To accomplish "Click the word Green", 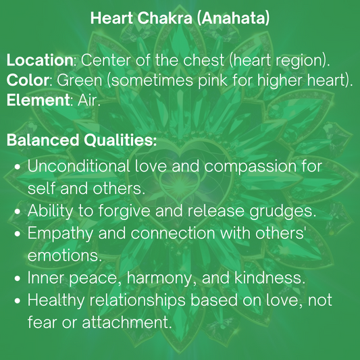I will [x=78, y=80].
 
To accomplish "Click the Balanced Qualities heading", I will [x=82, y=141].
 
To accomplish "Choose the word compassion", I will [x=238, y=165].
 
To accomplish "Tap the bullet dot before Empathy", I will [x=18, y=234].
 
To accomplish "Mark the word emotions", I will [x=64, y=256].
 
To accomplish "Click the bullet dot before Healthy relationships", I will [x=18, y=301].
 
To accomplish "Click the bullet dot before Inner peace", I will [x=18, y=278].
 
